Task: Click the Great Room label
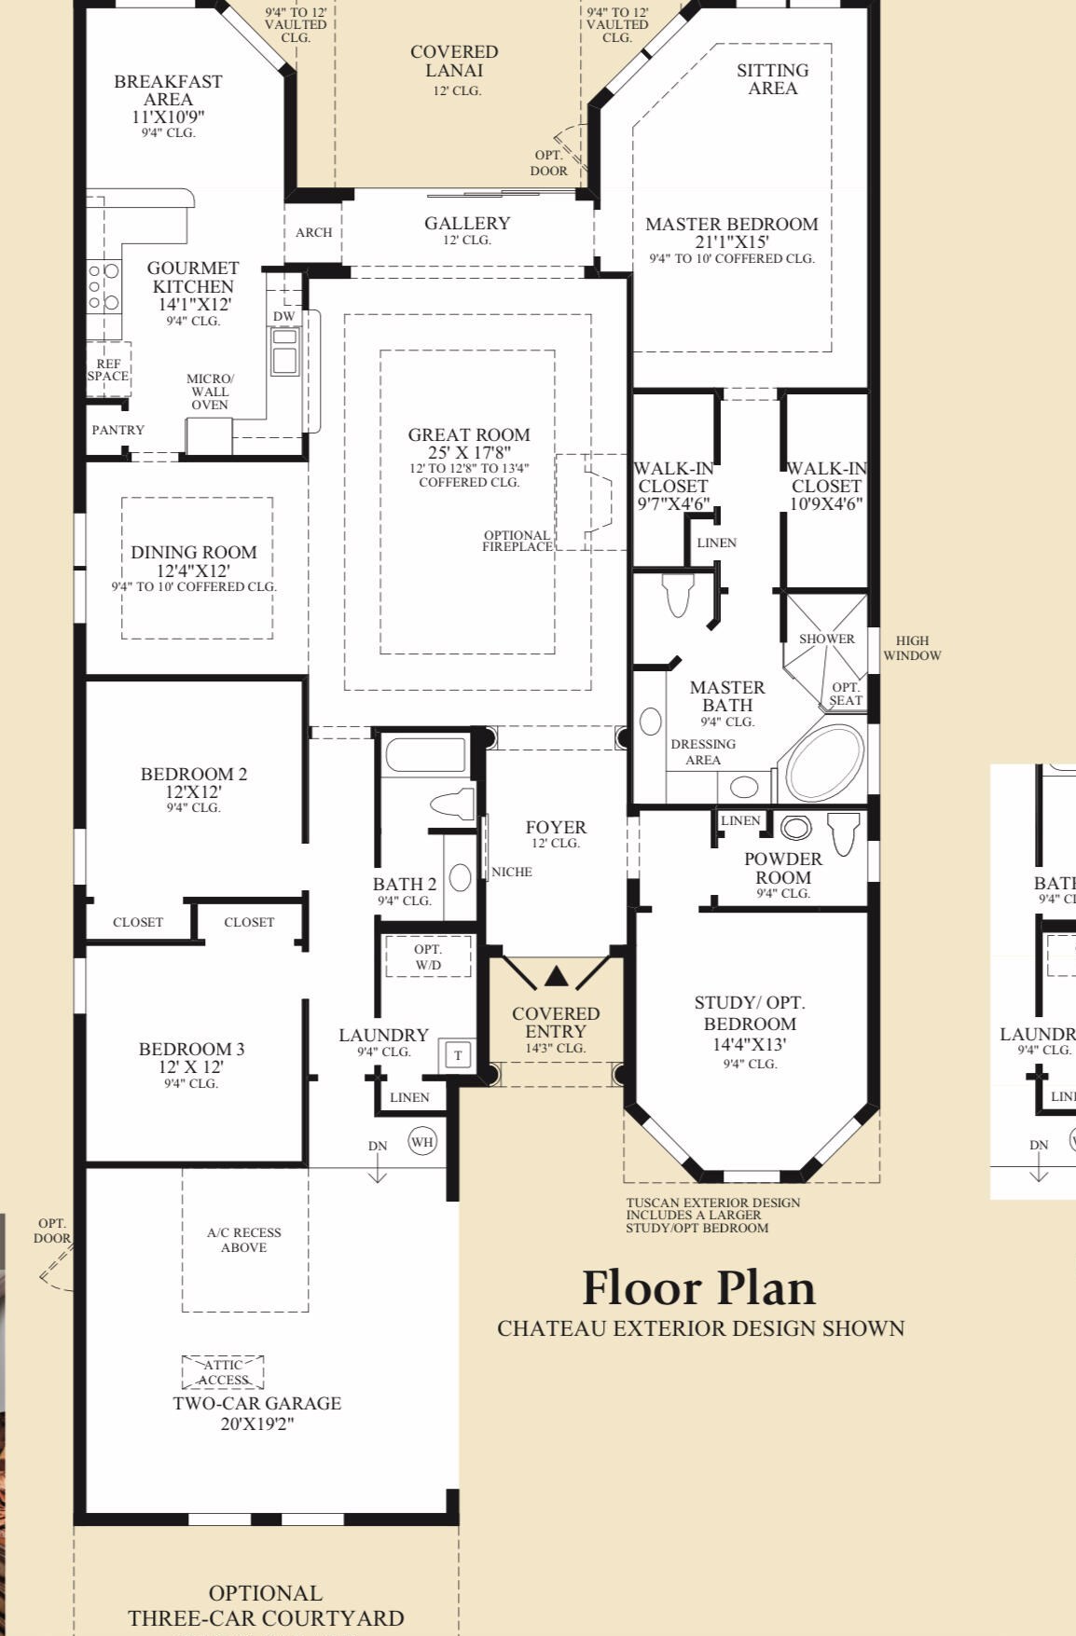pos(469,435)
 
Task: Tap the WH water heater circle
pos(422,1142)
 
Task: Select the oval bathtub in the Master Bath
pos(825,759)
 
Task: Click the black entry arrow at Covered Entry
pos(556,976)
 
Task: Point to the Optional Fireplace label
pos(517,542)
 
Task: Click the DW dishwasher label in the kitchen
pos(284,317)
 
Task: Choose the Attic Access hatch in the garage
pos(223,1372)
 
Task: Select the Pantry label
pos(118,430)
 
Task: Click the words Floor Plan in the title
pos(699,1288)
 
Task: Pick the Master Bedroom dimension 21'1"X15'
pos(732,242)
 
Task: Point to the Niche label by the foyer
pos(512,872)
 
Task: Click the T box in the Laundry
pos(458,1055)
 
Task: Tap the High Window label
pos(912,648)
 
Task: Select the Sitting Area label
pos(773,79)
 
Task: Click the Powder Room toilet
pos(844,833)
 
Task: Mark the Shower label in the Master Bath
pos(827,639)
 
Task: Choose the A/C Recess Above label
pos(244,1240)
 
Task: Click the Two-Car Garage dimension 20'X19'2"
pos(257,1423)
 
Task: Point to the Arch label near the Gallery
pos(314,232)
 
